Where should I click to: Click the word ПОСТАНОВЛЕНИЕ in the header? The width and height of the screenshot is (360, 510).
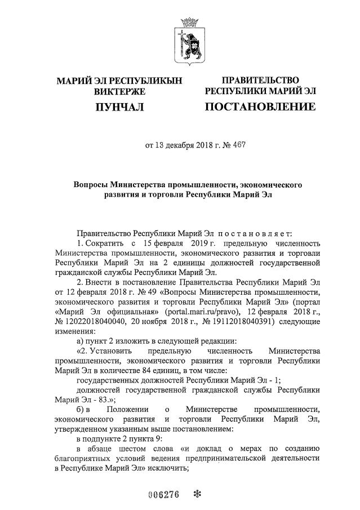[x=260, y=107]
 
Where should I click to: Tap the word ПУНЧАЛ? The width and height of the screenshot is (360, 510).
[x=119, y=107]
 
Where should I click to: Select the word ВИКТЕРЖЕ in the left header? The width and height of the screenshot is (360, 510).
[x=119, y=91]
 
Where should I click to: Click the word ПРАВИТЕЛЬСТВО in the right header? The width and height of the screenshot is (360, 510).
[x=260, y=80]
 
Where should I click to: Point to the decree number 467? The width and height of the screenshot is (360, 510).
[x=238, y=145]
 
